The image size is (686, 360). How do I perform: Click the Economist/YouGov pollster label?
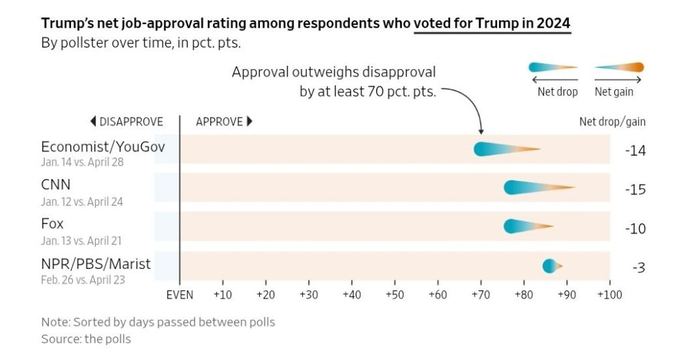click(102, 147)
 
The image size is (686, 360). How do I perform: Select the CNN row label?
click(56, 185)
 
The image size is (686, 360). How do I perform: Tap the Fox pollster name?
click(52, 224)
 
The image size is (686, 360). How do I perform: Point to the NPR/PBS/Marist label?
click(96, 264)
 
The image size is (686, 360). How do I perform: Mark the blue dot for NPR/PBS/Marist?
click(549, 266)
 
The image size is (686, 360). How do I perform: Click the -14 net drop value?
click(634, 151)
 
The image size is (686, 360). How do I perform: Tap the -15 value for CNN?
click(634, 190)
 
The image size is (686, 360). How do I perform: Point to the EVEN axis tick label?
click(180, 295)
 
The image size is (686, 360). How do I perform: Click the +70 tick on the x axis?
click(480, 295)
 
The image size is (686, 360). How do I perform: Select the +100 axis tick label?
click(608, 295)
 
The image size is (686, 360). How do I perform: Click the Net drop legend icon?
click(553, 67)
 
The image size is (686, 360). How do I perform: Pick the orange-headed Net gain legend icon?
click(619, 67)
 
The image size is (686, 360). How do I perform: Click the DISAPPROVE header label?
click(126, 122)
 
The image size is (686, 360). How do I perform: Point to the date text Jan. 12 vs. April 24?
click(82, 201)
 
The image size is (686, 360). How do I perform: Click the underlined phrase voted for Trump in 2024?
click(492, 23)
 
